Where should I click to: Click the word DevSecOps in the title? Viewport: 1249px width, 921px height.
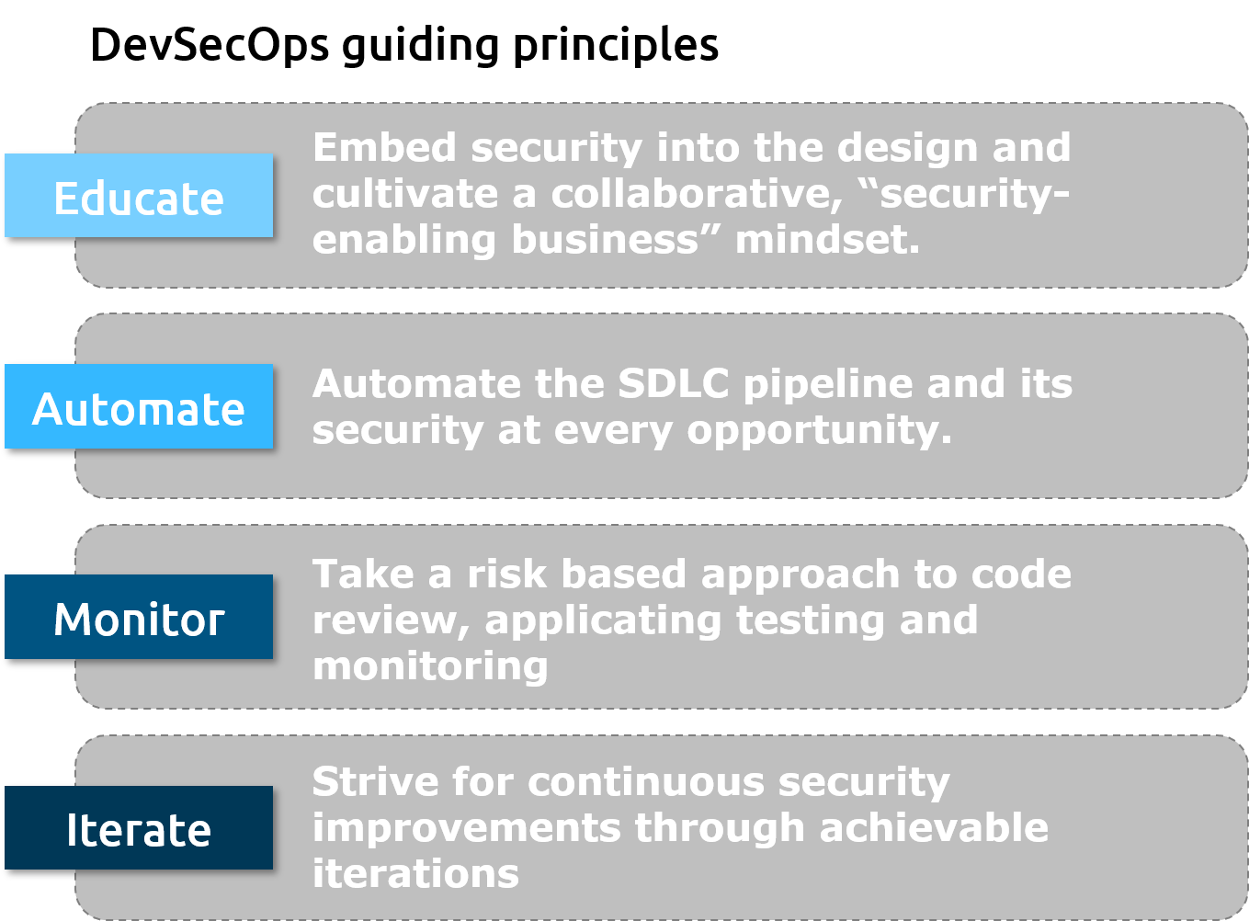click(x=210, y=45)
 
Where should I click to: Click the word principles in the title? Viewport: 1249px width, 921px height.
click(x=616, y=47)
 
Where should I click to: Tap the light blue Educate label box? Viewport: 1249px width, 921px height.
click(x=139, y=195)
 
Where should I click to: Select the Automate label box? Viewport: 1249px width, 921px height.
click(x=139, y=406)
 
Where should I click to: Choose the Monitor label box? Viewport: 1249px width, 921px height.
click(x=139, y=617)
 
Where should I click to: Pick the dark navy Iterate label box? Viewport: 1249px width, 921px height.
click(x=139, y=827)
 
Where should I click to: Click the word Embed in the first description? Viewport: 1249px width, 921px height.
click(x=385, y=147)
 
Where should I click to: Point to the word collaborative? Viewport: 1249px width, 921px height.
click(x=697, y=194)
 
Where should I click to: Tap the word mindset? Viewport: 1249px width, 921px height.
click(x=827, y=240)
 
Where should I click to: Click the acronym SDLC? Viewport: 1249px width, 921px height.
click(x=674, y=383)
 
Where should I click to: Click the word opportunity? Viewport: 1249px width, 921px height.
click(x=819, y=432)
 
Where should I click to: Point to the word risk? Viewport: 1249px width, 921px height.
click(x=506, y=574)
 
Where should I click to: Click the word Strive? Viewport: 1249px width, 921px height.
click(x=375, y=781)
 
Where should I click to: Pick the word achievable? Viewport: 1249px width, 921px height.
click(x=934, y=827)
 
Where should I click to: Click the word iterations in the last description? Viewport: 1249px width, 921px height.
click(x=416, y=873)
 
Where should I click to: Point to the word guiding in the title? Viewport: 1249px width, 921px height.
click(x=420, y=47)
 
